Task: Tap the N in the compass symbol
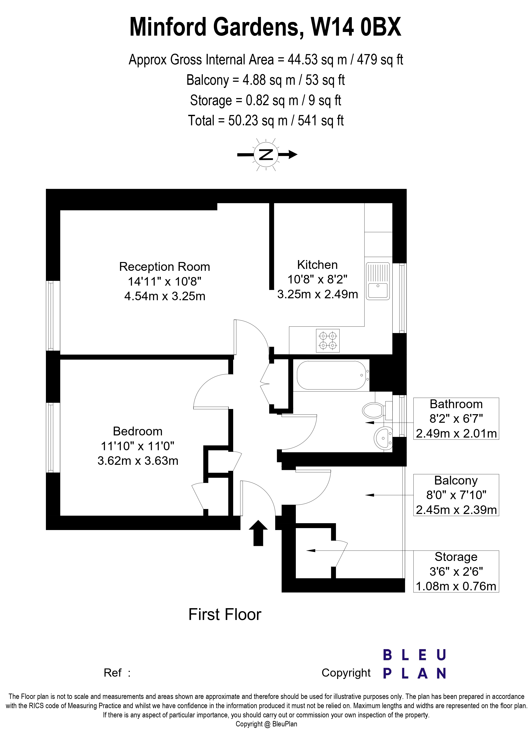[266, 155]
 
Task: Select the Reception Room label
[165, 267]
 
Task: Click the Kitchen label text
[317, 265]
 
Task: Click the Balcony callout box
[456, 495]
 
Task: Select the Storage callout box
[456, 571]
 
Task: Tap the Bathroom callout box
[456, 418]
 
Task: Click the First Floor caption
[225, 615]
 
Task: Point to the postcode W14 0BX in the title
[356, 27]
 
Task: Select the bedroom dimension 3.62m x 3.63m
[138, 461]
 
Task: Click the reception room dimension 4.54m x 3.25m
[165, 296]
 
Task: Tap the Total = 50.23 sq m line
[266, 121]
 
